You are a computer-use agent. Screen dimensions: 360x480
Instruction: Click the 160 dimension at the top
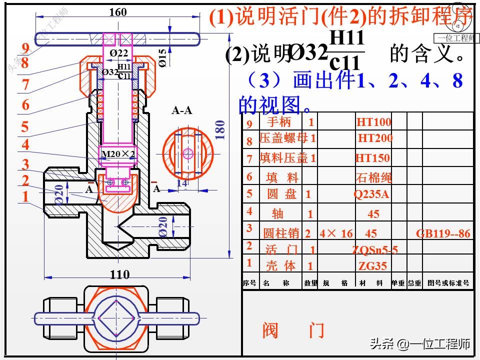118,12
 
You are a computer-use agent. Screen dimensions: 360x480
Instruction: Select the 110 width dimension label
119,274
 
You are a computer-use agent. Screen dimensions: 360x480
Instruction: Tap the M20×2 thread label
118,153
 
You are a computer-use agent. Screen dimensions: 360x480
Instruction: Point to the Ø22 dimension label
119,52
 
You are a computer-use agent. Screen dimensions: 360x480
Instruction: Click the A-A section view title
182,110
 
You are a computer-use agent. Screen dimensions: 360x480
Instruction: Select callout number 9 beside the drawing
25,48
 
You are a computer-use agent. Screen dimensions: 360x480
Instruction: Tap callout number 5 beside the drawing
25,126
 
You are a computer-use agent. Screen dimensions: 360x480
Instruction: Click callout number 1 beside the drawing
25,196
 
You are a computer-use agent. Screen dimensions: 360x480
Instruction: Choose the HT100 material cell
373,122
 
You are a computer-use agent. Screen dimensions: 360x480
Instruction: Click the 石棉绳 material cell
373,177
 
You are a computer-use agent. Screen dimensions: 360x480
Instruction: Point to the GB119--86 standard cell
443,233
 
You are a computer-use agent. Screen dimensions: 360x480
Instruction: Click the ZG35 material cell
372,265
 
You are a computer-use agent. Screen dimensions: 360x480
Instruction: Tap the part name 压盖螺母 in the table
283,138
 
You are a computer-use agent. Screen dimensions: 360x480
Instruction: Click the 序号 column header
249,283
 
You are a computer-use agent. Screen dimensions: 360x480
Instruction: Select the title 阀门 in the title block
293,330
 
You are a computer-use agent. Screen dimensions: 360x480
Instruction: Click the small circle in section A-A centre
188,153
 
